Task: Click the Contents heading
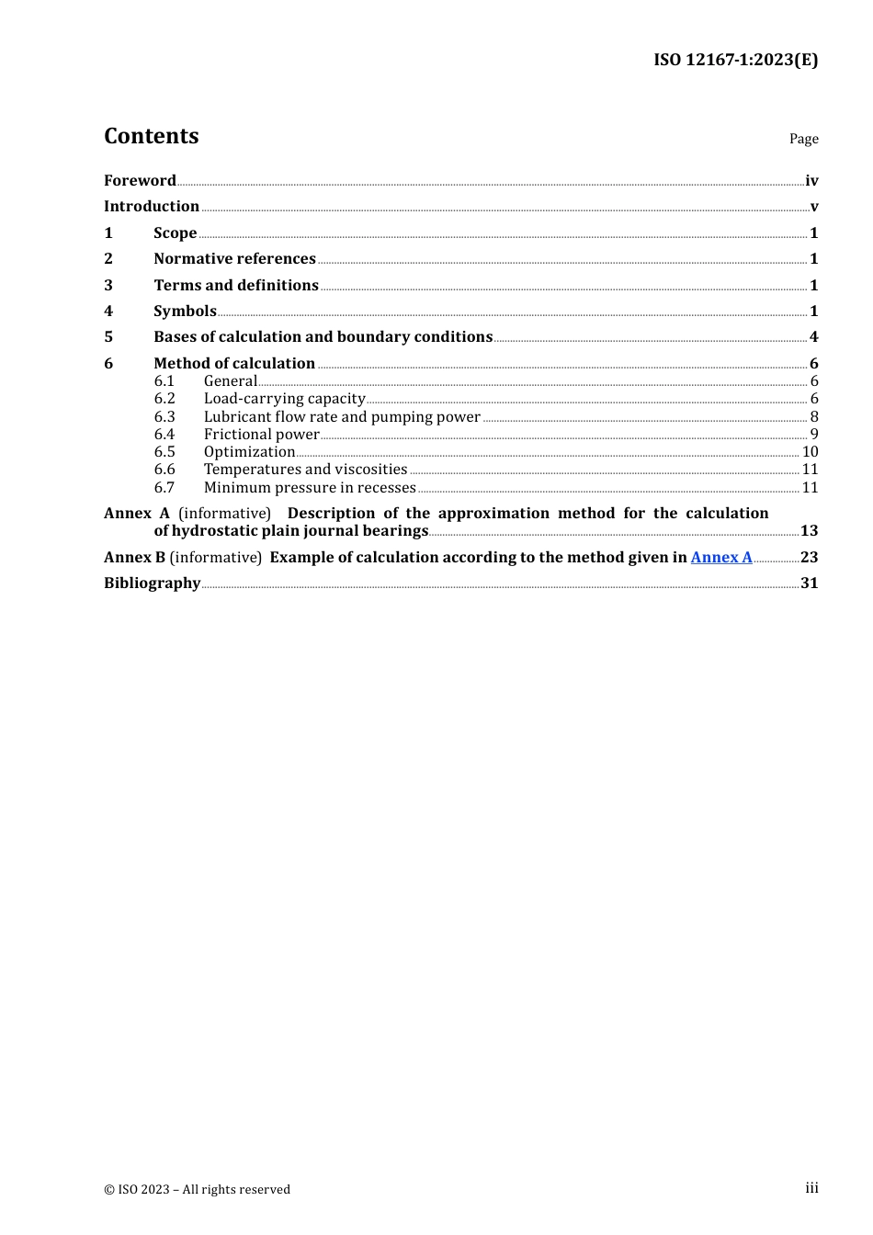point(151,136)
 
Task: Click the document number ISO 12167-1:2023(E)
point(735,60)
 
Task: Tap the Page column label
point(803,139)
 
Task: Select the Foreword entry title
point(140,181)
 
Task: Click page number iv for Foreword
point(811,181)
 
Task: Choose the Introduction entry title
point(152,207)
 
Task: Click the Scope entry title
point(175,233)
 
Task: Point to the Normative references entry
point(234,259)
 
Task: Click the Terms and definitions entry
point(236,286)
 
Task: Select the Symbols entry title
point(185,312)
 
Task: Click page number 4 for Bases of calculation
point(813,337)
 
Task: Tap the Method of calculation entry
point(234,364)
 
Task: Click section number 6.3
point(164,417)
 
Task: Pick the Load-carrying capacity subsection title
point(284,399)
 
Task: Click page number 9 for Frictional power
point(813,435)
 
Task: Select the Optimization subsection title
point(249,452)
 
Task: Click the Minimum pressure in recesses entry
point(310,488)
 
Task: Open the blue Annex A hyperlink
point(721,558)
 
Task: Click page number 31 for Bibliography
point(809,584)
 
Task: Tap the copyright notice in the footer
point(197,1189)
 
